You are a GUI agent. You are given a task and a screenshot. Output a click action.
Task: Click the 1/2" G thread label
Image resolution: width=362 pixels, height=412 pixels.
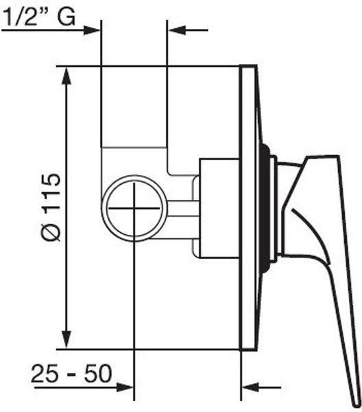39,16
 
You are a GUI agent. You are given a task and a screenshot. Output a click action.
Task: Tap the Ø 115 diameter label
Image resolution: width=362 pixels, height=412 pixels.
51,207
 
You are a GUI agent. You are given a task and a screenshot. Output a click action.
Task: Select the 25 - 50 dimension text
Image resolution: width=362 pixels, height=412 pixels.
71,374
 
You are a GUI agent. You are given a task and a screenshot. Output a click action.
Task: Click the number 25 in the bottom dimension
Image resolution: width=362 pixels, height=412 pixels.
45,374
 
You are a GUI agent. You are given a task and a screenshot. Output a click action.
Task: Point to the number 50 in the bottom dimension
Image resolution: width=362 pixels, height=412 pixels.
98,374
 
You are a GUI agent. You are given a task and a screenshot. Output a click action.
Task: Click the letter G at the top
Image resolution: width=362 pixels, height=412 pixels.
67,16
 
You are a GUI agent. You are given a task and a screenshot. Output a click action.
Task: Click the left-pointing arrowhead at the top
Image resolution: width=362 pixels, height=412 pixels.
176,30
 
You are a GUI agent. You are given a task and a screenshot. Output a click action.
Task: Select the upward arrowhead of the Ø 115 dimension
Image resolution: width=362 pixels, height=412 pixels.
67,76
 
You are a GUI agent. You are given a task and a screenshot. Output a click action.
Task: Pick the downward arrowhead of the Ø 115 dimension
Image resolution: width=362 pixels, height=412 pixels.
67,340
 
